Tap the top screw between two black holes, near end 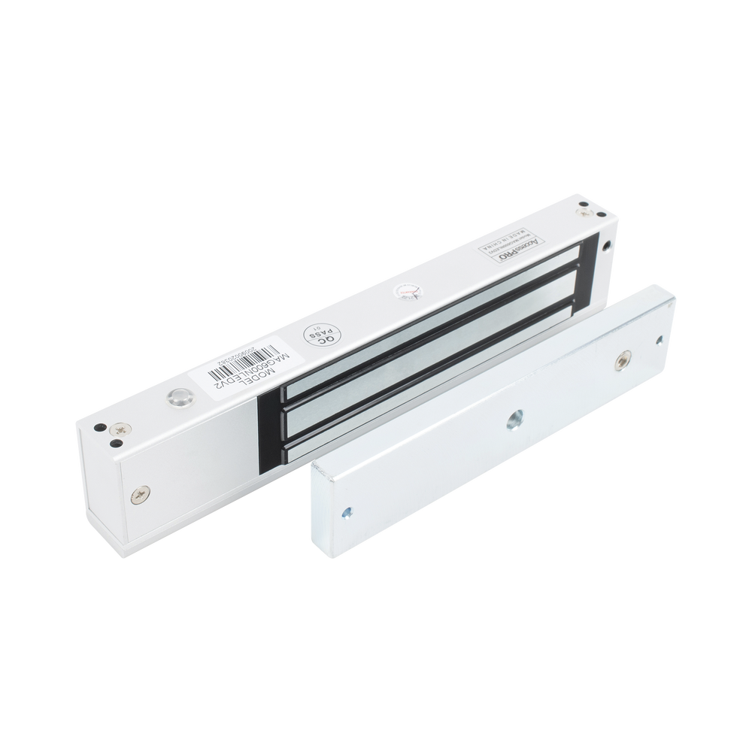pyautogui.click(x=119, y=430)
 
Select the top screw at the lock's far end pyautogui.click(x=584, y=214)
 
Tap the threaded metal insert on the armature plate pyautogui.click(x=623, y=362)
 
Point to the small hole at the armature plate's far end pyautogui.click(x=659, y=341)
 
